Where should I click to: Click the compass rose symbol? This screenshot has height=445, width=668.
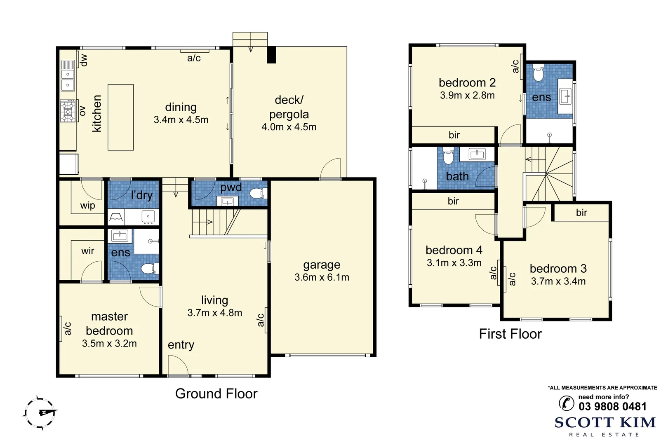pyautogui.click(x=40, y=413)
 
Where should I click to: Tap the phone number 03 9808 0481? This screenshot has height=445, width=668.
pyautogui.click(x=612, y=407)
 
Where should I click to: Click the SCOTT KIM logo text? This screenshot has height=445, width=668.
pyautogui.click(x=605, y=423)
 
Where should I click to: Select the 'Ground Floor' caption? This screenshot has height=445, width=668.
pyautogui.click(x=216, y=393)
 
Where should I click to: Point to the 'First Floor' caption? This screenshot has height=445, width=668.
pyautogui.click(x=510, y=334)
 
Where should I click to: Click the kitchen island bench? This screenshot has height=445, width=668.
pyautogui.click(x=120, y=117)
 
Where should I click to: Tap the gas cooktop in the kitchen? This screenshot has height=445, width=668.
pyautogui.click(x=68, y=111)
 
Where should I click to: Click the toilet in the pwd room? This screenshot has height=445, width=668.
pyautogui.click(x=258, y=193)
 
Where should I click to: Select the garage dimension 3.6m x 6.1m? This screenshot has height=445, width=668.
pyautogui.click(x=322, y=277)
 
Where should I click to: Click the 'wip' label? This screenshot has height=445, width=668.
pyautogui.click(x=88, y=206)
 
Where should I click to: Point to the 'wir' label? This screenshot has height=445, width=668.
pyautogui.click(x=88, y=251)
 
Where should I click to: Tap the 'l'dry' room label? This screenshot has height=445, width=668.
pyautogui.click(x=142, y=195)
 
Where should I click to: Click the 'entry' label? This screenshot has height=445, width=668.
pyautogui.click(x=181, y=345)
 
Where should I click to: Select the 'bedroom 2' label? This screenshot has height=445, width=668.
pyautogui.click(x=467, y=82)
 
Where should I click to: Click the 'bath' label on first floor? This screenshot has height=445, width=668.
pyautogui.click(x=457, y=176)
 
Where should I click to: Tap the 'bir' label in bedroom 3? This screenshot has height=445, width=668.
pyautogui.click(x=581, y=213)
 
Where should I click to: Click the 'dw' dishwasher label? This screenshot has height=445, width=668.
pyautogui.click(x=84, y=60)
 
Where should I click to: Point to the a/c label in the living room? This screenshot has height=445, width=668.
pyautogui.click(x=260, y=320)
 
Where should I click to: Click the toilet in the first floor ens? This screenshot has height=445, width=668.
pyautogui.click(x=538, y=73)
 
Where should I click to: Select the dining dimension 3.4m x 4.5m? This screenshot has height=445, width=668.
pyautogui.click(x=181, y=120)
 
